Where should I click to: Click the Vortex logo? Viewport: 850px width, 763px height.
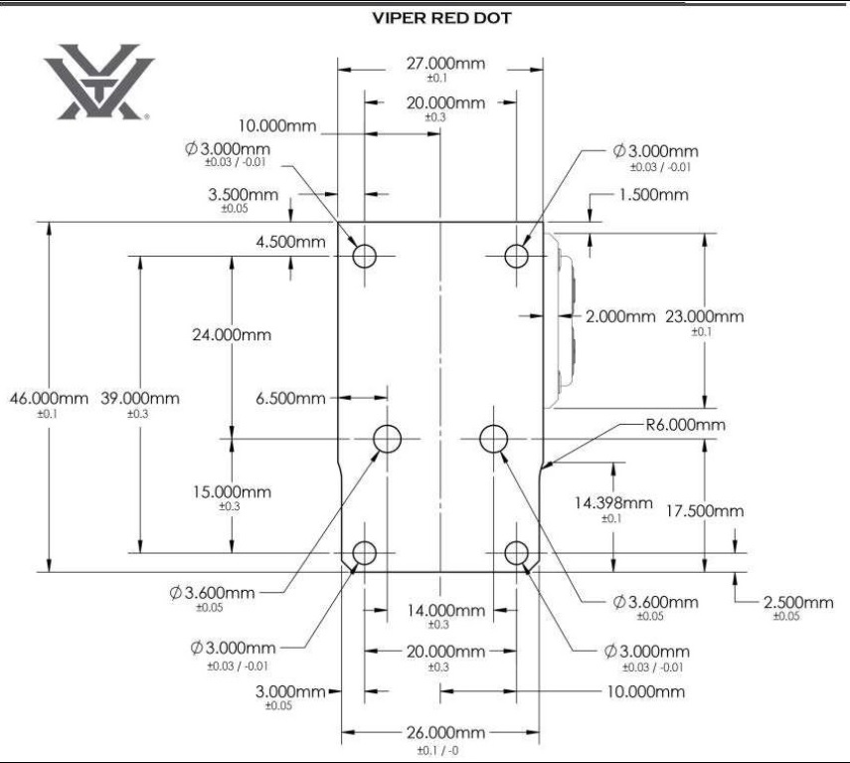pyautogui.click(x=98, y=82)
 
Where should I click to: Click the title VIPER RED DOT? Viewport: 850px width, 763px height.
pyautogui.click(x=441, y=18)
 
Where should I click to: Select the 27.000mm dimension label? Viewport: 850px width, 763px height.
pyautogui.click(x=445, y=64)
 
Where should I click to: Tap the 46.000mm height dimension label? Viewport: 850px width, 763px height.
pyautogui.click(x=49, y=398)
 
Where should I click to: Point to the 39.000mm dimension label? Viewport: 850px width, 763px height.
pyautogui.click(x=140, y=398)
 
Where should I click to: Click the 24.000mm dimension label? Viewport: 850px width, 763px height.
pyautogui.click(x=232, y=334)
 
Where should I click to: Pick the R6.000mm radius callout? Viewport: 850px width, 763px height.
pyautogui.click(x=685, y=424)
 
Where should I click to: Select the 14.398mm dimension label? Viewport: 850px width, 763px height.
pyautogui.click(x=613, y=502)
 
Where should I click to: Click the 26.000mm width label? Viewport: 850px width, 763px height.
pyautogui.click(x=445, y=732)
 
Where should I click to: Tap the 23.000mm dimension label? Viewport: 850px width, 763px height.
pyautogui.click(x=704, y=316)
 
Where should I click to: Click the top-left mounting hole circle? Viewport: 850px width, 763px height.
pyautogui.click(x=364, y=245)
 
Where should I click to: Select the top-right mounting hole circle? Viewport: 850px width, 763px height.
pyautogui.click(x=516, y=245)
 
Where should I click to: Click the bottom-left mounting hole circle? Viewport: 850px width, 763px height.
pyautogui.click(x=364, y=542)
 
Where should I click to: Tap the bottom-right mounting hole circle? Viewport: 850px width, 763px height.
pyautogui.click(x=516, y=542)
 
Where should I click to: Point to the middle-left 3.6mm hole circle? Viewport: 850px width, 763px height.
pyautogui.click(x=387, y=425)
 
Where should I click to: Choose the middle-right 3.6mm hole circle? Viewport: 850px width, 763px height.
pyautogui.click(x=493, y=425)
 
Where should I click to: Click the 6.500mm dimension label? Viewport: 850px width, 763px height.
pyautogui.click(x=290, y=398)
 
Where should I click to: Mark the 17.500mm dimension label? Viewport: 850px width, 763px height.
pyautogui.click(x=704, y=511)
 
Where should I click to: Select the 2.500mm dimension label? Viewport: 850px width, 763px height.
pyautogui.click(x=798, y=602)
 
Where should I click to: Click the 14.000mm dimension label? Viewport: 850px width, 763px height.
pyautogui.click(x=445, y=611)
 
